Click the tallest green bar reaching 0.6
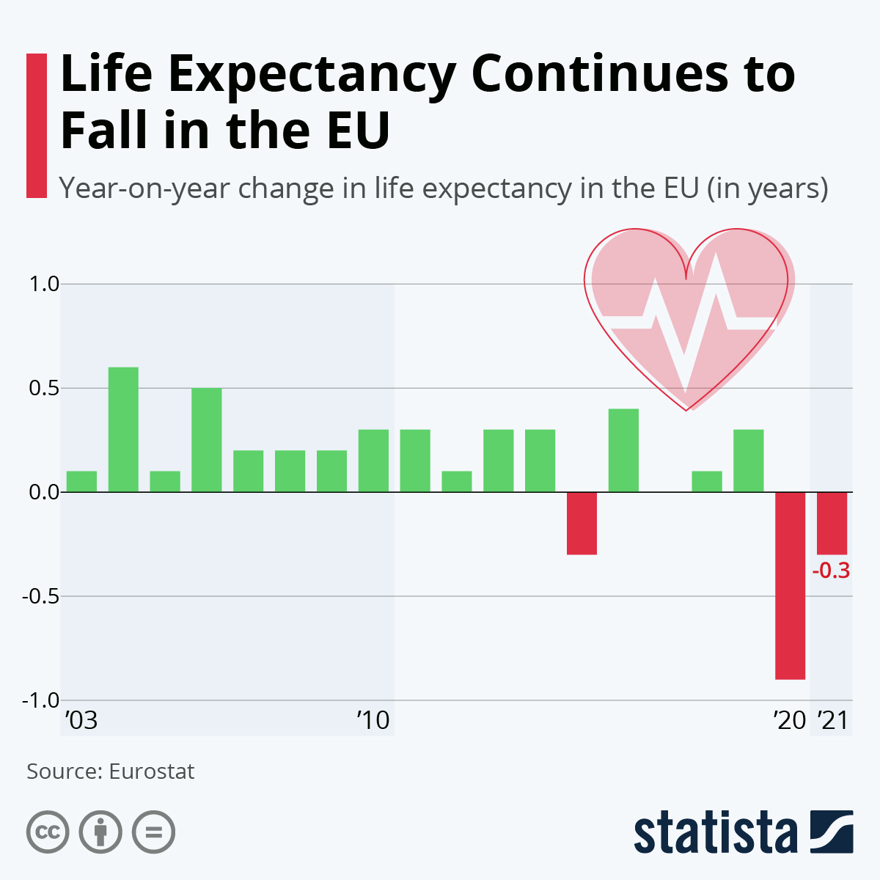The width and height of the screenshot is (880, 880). pos(123,429)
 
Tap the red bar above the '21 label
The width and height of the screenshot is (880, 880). pos(832,523)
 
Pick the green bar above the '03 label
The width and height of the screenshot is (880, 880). pos(81,481)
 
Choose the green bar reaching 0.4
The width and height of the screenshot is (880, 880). pos(623,450)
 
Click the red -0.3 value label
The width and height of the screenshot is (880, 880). pos(832,571)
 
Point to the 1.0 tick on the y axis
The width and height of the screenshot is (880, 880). pos(43,284)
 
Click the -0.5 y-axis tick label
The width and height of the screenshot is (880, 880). pos(40,596)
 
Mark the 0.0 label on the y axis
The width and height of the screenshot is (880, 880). pos(43,492)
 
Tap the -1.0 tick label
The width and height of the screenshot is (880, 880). pos(40,700)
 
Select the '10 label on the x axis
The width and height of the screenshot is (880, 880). pos(374,721)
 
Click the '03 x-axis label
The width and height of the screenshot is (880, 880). pos(81,721)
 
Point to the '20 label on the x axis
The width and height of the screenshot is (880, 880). pos(790,721)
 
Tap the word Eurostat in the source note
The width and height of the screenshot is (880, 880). pos(152,771)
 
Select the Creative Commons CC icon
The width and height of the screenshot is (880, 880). pos(48,832)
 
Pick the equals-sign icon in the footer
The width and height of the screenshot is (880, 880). pos(154,832)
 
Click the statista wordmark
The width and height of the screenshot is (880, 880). pos(715,832)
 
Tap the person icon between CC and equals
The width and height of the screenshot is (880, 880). pos(100,832)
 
